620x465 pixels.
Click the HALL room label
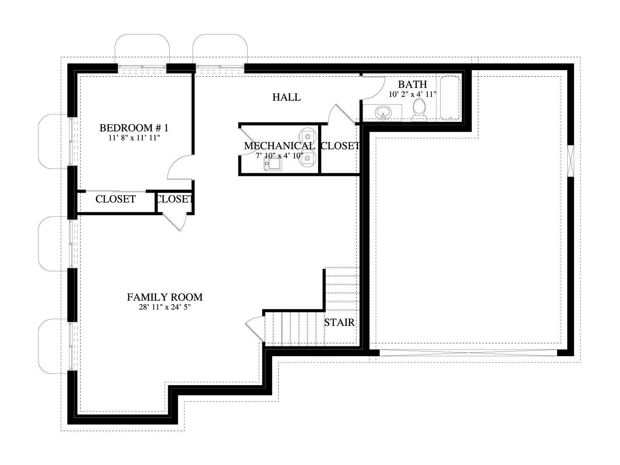[x=286, y=97]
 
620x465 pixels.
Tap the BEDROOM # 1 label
[x=134, y=128]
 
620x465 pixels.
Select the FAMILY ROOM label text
[x=165, y=297]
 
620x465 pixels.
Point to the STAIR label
[x=339, y=322]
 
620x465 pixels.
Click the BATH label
[x=412, y=84]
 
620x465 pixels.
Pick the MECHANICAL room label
[x=279, y=146]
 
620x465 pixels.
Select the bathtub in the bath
[x=450, y=98]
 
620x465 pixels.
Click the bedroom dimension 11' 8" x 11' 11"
[x=134, y=138]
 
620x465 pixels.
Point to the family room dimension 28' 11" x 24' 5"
[x=165, y=307]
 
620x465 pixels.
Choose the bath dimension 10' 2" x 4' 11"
[x=412, y=94]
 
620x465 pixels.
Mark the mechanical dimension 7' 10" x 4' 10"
[x=279, y=155]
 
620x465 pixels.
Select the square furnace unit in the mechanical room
[x=272, y=164]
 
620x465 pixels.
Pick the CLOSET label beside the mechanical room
[x=340, y=146]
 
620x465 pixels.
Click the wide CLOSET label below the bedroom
[x=115, y=199]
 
